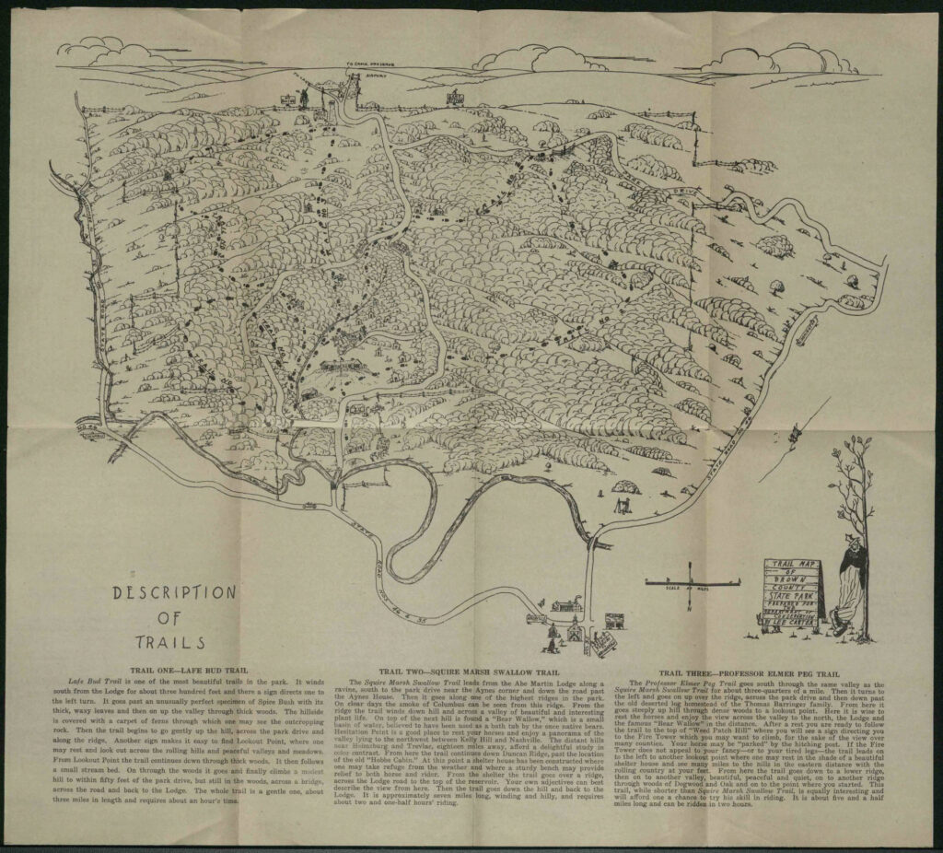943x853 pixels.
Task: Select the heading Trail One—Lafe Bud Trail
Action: [x=181, y=672]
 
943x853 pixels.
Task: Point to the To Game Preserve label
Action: [x=367, y=65]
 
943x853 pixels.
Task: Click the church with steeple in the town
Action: [x=574, y=630]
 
